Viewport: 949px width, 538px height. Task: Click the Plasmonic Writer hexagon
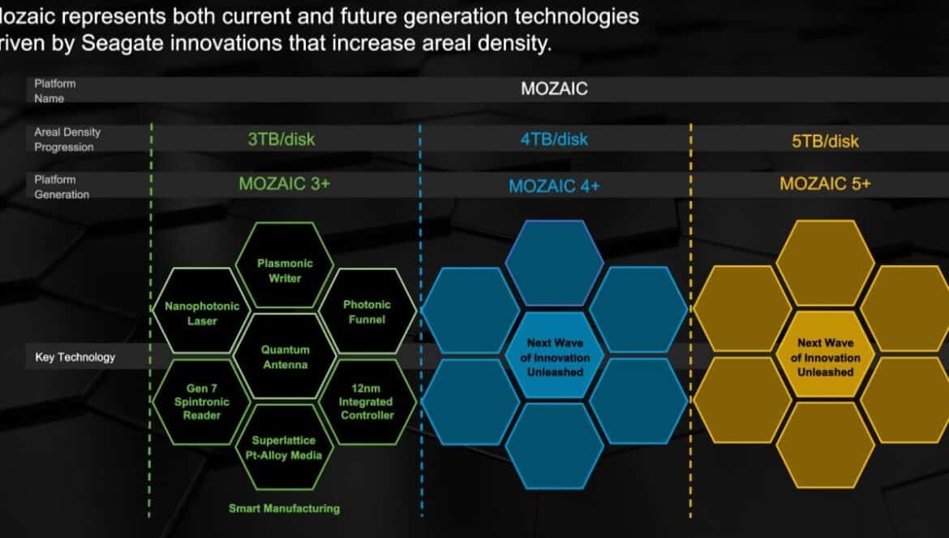[285, 265]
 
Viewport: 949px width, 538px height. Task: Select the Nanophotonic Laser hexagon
[201, 311]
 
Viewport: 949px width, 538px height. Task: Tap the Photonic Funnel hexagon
[367, 311]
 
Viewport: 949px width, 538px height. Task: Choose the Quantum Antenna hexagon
[285, 356]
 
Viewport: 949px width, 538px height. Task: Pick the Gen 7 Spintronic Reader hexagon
[201, 402]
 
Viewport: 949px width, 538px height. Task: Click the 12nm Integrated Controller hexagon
[367, 402]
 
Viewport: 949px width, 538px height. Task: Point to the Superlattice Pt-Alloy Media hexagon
[285, 447]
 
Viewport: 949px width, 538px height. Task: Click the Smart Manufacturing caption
[284, 508]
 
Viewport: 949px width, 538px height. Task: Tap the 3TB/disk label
[281, 140]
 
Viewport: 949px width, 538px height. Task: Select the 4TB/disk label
[554, 140]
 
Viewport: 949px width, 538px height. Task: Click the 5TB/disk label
[825, 141]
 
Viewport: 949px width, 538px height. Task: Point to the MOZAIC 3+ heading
[285, 183]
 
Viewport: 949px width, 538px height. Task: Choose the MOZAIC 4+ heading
[554, 186]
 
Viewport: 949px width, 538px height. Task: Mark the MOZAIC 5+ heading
[825, 183]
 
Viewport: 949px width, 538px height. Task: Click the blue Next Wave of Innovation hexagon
[554, 356]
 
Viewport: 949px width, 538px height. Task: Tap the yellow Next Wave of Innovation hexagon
[825, 356]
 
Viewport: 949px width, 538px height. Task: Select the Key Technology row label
[75, 357]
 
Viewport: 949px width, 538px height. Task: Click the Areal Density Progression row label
[67, 140]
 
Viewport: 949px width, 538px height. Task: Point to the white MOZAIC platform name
[554, 88]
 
